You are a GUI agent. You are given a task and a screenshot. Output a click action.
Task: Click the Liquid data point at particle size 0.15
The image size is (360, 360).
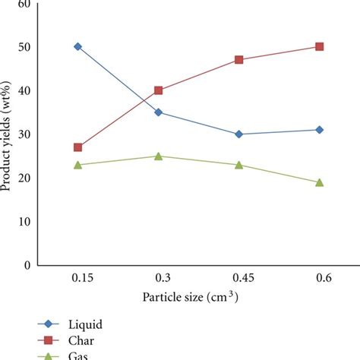[77, 46]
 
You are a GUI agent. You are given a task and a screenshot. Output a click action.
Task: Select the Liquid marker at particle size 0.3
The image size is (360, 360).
[158, 112]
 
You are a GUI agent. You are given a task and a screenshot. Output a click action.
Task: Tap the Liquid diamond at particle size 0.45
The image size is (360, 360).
[238, 134]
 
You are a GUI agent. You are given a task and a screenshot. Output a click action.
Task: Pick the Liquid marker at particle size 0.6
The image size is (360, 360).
[320, 130]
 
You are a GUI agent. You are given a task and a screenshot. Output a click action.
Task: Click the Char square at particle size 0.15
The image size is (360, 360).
[77, 147]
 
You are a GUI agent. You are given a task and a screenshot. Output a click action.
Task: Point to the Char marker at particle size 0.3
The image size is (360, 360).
[158, 90]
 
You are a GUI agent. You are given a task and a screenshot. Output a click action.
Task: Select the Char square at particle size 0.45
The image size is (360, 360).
[238, 59]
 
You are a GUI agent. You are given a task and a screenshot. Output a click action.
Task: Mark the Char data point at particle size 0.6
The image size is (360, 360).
[320, 46]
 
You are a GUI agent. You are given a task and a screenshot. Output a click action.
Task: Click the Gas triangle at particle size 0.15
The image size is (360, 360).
[77, 164]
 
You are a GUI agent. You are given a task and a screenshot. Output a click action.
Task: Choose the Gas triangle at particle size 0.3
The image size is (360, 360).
[158, 156]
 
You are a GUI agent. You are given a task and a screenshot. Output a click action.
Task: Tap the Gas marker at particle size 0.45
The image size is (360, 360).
[238, 164]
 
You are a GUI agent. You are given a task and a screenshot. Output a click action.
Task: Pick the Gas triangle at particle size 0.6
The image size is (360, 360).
[320, 182]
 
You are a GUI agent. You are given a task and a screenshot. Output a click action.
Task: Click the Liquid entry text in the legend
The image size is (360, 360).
[84, 324]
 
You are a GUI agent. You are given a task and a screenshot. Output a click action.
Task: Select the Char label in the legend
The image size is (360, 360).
[82, 340]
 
